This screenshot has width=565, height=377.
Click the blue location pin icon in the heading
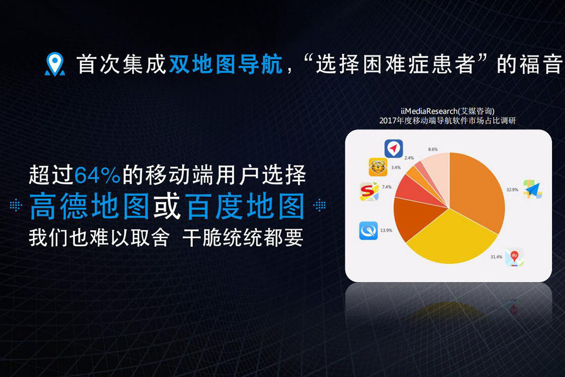coord(55,64)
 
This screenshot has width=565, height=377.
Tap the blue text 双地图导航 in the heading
coord(226,64)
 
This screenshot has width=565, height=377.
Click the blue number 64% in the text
coord(97,175)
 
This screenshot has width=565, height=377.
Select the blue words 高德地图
coord(89,206)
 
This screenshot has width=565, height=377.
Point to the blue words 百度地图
coord(245,206)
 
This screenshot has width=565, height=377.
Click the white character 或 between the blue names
coord(167,206)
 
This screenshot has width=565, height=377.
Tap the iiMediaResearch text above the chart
coord(447,111)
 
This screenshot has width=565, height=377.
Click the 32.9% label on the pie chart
coord(512,190)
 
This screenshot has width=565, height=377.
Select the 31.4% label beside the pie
coord(496,257)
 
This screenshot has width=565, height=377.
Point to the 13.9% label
coord(386,230)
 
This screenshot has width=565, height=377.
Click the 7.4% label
coord(387,187)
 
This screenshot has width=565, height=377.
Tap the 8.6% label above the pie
coord(433,149)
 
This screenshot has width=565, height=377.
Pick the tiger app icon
coord(378,167)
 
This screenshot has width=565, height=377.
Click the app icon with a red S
coord(369,191)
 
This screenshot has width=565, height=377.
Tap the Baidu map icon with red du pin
coord(514,257)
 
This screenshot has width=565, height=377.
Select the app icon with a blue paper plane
coord(533,188)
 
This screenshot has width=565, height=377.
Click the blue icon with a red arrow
coord(393,148)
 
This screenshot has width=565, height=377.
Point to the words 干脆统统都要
coord(243,238)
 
